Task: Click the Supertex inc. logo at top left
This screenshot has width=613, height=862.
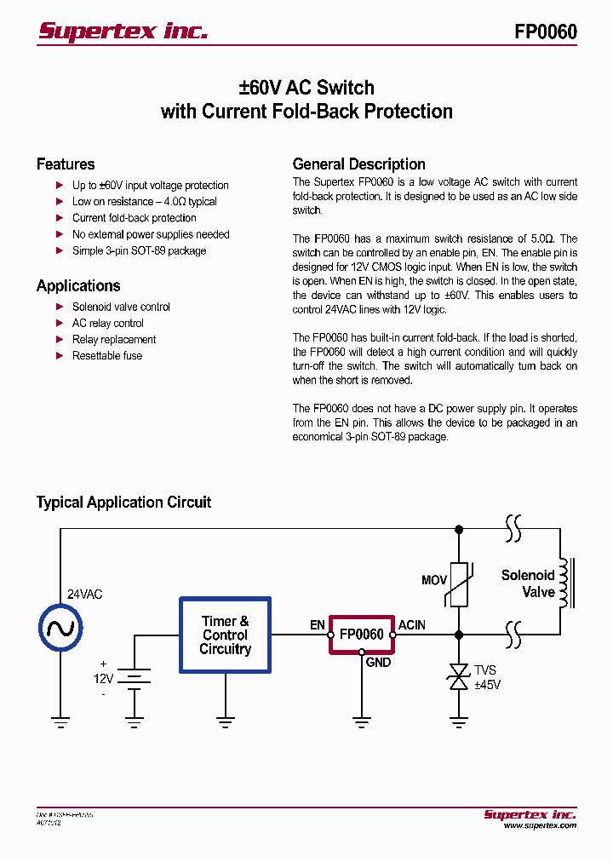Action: (123, 32)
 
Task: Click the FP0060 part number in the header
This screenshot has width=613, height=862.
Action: (545, 32)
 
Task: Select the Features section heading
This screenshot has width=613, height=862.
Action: (66, 164)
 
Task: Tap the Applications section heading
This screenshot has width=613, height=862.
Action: (78, 286)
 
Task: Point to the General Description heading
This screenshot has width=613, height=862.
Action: (358, 164)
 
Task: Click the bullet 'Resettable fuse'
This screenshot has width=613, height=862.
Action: (107, 356)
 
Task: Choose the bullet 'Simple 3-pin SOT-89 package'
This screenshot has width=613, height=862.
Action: (139, 251)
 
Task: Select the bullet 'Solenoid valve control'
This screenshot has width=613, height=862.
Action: (121, 307)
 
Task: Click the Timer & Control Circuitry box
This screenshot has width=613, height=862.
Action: (225, 635)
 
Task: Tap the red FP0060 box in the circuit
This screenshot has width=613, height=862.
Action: (361, 635)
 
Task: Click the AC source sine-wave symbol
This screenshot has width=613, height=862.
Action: (60, 629)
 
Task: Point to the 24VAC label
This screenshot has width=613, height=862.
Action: (84, 595)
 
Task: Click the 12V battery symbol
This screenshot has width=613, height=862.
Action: (134, 676)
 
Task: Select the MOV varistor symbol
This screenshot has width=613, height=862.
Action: (459, 584)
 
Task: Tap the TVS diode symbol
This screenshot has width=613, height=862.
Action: (459, 677)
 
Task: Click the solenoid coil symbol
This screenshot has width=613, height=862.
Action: (564, 583)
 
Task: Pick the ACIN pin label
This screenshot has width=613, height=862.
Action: (411, 625)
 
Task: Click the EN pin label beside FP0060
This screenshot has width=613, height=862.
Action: (318, 625)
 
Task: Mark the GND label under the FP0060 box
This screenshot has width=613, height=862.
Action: (378, 662)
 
